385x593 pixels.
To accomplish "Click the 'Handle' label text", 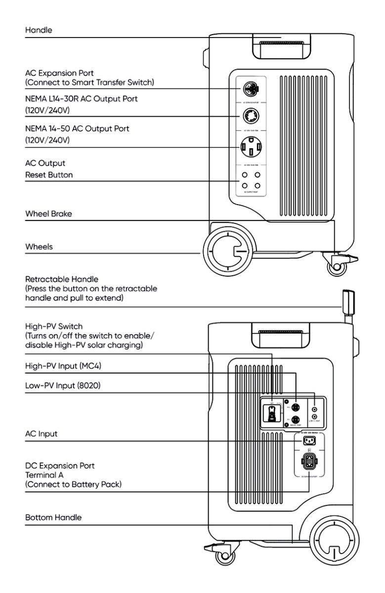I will (39, 30).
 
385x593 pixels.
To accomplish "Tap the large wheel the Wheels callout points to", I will (226, 252).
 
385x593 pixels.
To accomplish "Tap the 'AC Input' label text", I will (42, 433).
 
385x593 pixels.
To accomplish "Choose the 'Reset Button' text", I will (49, 174).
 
